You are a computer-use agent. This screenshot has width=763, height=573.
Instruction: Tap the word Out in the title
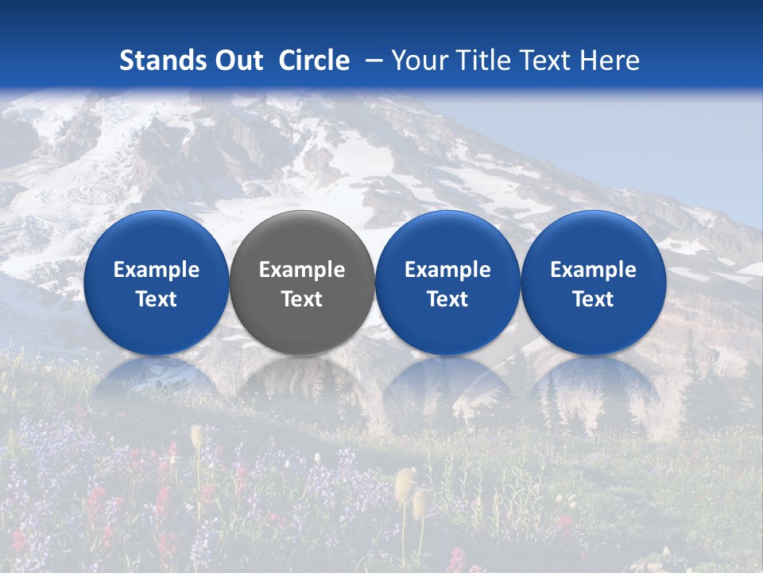point(236,60)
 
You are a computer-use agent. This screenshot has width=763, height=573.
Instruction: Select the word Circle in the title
point(314,60)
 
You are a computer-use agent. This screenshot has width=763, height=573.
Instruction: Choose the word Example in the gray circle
point(302,270)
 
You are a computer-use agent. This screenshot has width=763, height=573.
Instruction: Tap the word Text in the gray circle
point(302,299)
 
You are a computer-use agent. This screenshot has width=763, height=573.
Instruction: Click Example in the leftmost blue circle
point(157,270)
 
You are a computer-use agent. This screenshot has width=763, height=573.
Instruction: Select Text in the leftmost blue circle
point(157,299)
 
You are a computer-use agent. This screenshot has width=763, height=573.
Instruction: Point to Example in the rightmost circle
point(593,270)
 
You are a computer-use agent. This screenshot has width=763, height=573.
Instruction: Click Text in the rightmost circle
point(593,299)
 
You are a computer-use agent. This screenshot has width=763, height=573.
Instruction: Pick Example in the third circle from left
point(447,270)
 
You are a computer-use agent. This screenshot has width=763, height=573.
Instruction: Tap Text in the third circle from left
point(447,299)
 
